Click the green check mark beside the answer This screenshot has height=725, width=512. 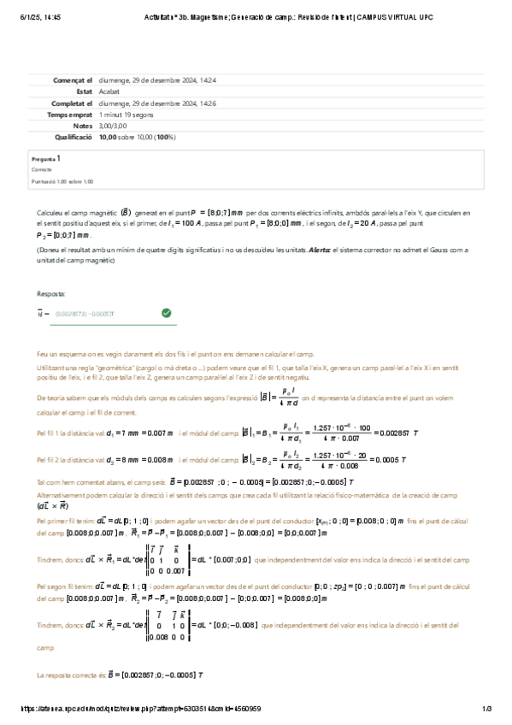[166, 314]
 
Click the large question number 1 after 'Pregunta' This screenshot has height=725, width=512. [59, 158]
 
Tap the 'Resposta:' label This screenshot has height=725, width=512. [51, 292]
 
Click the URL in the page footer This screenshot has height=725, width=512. [141, 709]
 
